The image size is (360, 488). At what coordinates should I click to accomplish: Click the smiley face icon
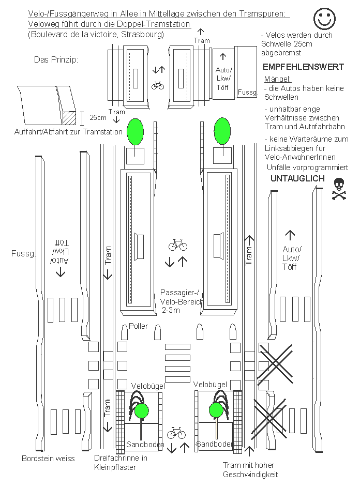[325, 19]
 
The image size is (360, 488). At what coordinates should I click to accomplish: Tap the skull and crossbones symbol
[338, 189]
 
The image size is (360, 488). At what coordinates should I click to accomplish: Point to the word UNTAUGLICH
[298, 178]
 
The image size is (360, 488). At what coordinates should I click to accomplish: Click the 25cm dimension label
[98, 117]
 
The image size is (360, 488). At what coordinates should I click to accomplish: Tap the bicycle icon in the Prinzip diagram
[158, 86]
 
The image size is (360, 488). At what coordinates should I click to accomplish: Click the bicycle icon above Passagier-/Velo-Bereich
[177, 245]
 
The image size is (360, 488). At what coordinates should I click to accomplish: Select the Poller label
[138, 326]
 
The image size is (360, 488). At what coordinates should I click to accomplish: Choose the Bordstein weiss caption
[48, 459]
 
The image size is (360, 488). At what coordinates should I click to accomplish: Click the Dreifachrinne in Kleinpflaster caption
[121, 462]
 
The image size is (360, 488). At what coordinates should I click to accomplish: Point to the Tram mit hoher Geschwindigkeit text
[250, 469]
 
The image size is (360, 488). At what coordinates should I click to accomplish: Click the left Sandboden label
[145, 445]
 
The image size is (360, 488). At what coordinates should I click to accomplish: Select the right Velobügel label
[210, 385]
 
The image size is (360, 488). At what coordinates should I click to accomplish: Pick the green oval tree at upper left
[136, 131]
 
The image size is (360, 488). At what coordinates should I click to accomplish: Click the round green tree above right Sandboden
[216, 411]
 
